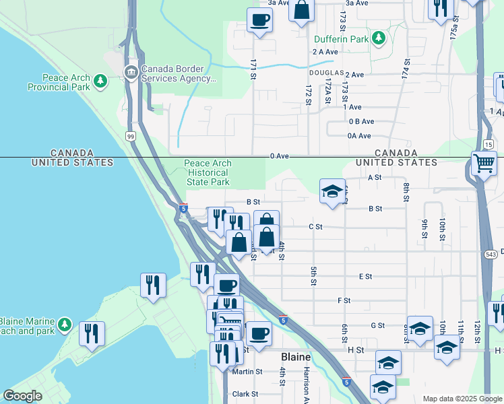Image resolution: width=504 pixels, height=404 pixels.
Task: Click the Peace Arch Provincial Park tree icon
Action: click(x=100, y=81)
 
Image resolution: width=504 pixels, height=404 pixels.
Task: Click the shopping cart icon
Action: click(x=484, y=163)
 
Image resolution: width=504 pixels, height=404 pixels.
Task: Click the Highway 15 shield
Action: click(x=486, y=143)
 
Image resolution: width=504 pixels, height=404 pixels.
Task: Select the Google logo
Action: click(x=23, y=396)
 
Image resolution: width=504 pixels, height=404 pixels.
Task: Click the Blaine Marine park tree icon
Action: click(x=65, y=325)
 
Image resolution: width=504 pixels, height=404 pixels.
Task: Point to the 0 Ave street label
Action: click(x=279, y=156)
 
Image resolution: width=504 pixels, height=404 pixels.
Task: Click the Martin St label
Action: click(x=247, y=372)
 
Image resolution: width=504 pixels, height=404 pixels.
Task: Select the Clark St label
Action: click(x=245, y=394)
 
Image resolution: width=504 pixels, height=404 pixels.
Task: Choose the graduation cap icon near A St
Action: click(x=332, y=192)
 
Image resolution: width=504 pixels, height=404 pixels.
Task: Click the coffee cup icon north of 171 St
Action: click(x=259, y=20)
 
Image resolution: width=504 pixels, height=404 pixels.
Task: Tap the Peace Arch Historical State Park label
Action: click(x=208, y=173)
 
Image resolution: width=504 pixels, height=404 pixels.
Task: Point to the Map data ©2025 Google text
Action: click(x=462, y=399)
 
